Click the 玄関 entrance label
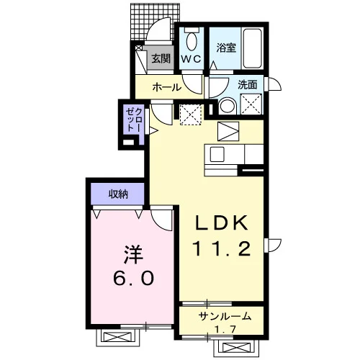[161, 58]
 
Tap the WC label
[191, 59]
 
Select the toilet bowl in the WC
[192, 41]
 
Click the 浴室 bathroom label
[226, 48]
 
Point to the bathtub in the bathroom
[252, 48]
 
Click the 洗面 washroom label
[247, 85]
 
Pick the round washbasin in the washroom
[228, 107]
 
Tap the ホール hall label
[167, 87]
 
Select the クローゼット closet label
[134, 120]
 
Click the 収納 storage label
[118, 194]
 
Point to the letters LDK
[221, 223]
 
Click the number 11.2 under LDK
[222, 248]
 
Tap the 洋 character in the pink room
[133, 255]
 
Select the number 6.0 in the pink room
[133, 279]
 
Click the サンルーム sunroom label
[225, 317]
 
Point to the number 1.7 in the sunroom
[225, 329]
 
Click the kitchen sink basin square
[217, 154]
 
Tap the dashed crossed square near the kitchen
[191, 114]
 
